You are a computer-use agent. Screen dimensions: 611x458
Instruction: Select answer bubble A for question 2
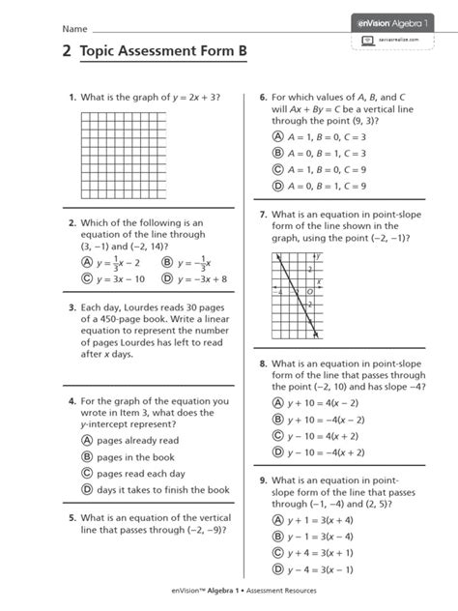click(87, 263)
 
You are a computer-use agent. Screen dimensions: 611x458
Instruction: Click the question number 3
click(72, 311)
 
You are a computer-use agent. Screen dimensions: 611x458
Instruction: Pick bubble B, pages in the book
click(87, 456)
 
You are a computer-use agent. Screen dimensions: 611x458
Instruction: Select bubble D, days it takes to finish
click(87, 490)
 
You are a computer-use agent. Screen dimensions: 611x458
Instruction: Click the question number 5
click(72, 518)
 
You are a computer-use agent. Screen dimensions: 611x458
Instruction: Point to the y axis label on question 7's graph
click(316, 257)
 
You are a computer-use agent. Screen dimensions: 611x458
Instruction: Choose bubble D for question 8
click(278, 451)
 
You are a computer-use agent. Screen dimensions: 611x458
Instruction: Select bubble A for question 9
click(278, 520)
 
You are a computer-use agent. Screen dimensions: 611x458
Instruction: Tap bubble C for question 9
click(278, 553)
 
